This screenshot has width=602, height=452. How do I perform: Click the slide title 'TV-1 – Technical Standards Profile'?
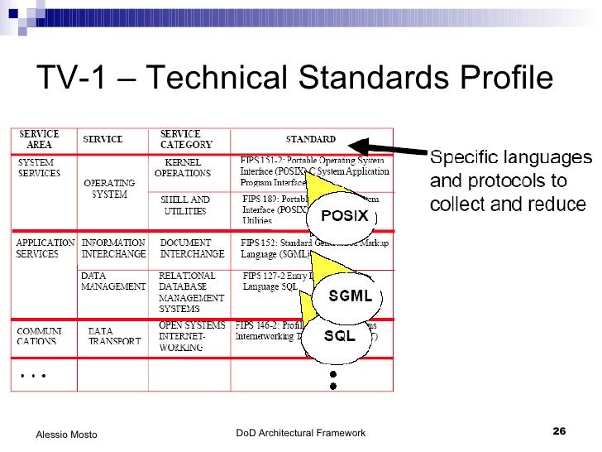(294, 79)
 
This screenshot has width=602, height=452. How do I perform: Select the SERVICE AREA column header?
(40, 139)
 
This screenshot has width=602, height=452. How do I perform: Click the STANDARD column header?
(310, 139)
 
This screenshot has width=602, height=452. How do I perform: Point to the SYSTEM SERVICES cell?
(40, 168)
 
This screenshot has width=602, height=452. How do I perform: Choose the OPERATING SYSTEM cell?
(109, 189)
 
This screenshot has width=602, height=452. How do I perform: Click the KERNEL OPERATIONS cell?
(183, 168)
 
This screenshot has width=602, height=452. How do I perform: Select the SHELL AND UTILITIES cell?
(185, 205)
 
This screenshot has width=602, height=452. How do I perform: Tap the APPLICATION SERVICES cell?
(45, 248)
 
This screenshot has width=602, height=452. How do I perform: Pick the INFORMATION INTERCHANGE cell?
(113, 248)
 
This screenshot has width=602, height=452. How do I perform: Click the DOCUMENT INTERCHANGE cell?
(191, 248)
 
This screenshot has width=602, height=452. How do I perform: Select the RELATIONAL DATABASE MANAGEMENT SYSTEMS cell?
(191, 291)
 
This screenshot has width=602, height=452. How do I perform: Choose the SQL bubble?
(339, 336)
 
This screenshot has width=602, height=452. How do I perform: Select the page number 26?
(559, 432)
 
